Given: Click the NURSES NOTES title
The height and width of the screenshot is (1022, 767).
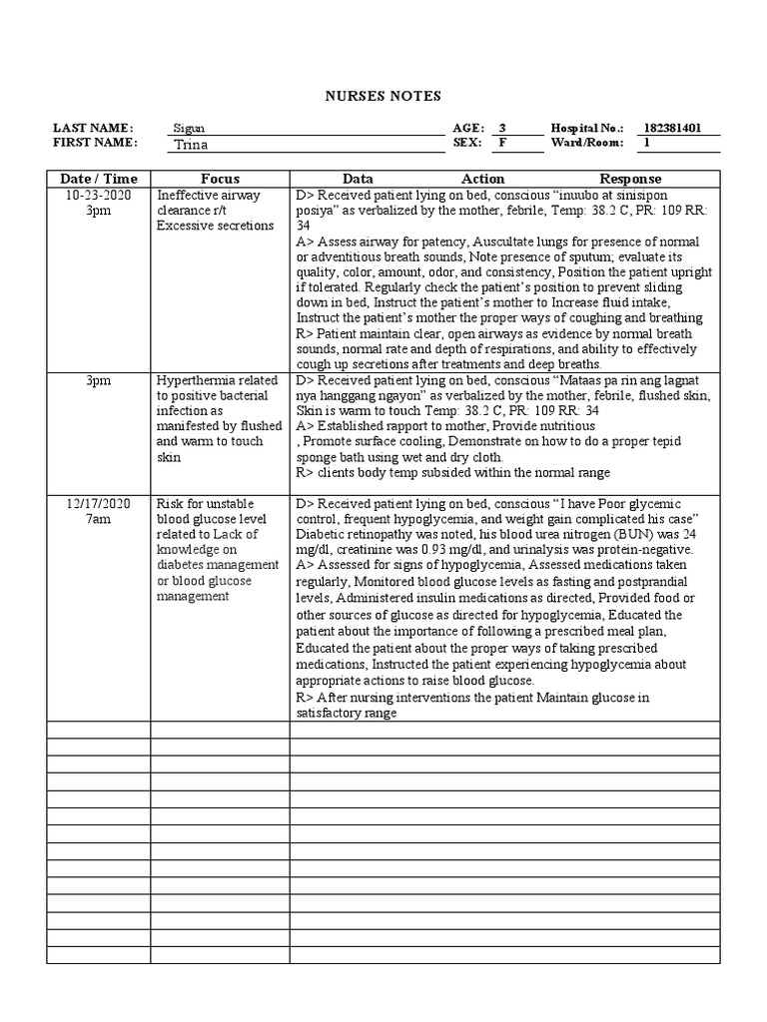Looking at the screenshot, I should pyautogui.click(x=383, y=96).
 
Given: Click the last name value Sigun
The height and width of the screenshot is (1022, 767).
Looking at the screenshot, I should pyautogui.click(x=190, y=129).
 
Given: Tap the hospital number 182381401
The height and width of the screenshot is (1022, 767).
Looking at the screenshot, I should pyautogui.click(x=672, y=129).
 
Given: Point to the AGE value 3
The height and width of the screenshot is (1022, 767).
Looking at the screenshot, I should pyautogui.click(x=502, y=129).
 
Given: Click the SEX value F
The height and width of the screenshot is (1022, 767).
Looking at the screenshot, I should pyautogui.click(x=502, y=143).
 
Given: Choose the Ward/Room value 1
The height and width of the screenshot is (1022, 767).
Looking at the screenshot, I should pyautogui.click(x=646, y=143).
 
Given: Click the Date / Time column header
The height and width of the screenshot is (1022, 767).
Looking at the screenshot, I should pyautogui.click(x=98, y=179).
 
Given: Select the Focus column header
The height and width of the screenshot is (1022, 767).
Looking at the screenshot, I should pyautogui.click(x=220, y=179).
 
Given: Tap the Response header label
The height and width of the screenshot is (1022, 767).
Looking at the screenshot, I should pyautogui.click(x=630, y=179).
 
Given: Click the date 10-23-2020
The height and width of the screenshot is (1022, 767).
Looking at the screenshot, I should pyautogui.click(x=98, y=195).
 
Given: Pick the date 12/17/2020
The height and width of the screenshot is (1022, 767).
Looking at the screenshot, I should pyautogui.click(x=98, y=504).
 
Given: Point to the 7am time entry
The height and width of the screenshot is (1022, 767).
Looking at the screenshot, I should pyautogui.click(x=98, y=520).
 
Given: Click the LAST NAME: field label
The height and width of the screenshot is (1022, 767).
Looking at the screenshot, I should pyautogui.click(x=93, y=129).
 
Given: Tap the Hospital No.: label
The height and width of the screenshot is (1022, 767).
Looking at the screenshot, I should pyautogui.click(x=587, y=129).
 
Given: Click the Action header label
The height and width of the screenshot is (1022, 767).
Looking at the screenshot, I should pyautogui.click(x=482, y=179).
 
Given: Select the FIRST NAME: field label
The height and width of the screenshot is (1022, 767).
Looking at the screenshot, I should pyautogui.click(x=95, y=143).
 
